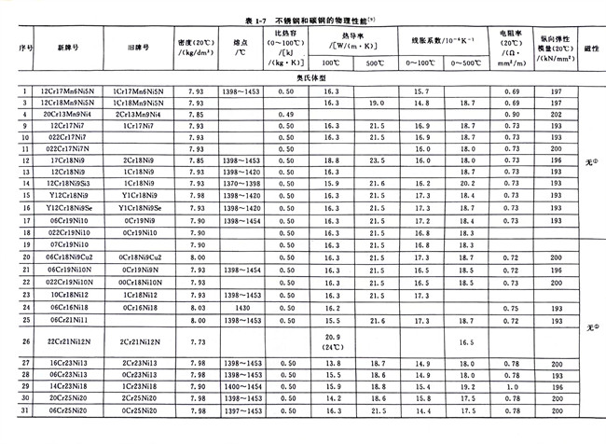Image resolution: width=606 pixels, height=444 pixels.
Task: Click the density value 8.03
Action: (196, 305)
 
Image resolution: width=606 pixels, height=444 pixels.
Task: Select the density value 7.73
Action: (196, 341)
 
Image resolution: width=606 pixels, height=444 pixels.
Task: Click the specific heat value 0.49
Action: (286, 114)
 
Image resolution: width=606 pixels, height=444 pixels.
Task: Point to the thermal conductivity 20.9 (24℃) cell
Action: (333, 341)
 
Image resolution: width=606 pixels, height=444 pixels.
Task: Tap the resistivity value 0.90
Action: (511, 114)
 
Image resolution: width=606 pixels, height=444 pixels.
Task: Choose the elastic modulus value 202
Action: (557, 114)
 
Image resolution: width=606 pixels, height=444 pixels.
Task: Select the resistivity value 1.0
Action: (511, 385)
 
